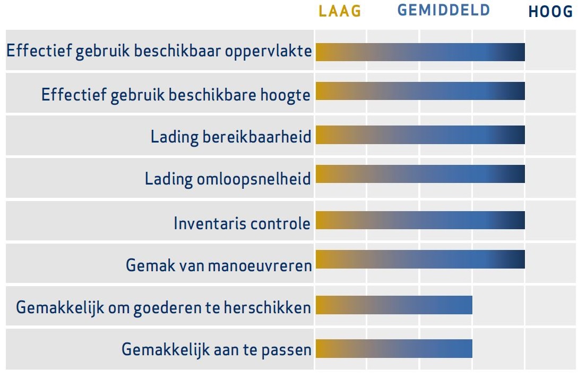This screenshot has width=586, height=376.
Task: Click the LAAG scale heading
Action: coord(340,11)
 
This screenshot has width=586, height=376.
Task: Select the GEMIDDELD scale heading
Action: coord(444,10)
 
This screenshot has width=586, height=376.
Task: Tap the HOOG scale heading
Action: coord(550,12)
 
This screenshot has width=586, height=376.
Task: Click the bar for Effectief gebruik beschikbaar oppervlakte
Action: coord(420,52)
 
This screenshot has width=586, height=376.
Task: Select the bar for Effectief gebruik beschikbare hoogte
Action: coord(420,91)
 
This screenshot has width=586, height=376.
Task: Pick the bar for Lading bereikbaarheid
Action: coord(420,135)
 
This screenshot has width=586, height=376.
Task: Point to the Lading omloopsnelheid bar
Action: coord(420,174)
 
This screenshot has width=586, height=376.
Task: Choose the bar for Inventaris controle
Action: coord(420,220)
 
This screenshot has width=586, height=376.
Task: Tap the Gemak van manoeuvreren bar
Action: coord(420,259)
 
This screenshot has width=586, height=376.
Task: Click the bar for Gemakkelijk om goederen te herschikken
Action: coord(394,305)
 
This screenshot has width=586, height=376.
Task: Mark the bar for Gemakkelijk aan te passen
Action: coord(394,349)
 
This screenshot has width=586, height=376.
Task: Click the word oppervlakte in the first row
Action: coord(268,51)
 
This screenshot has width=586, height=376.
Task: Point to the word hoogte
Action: coord(285,95)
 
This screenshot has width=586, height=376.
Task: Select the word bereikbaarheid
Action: coord(257,137)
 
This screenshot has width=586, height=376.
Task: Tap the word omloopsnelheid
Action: coord(254,179)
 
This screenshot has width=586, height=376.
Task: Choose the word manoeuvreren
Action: coord(260,266)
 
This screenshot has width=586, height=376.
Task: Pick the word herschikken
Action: coord(267,307)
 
